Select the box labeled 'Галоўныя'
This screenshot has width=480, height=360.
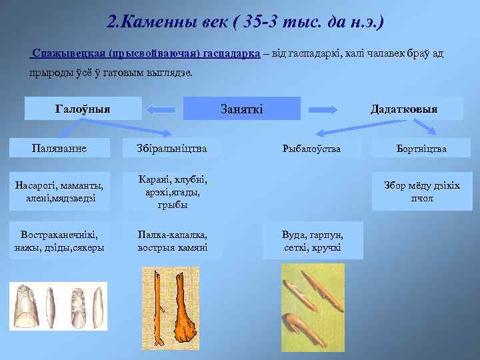(x=83, y=109)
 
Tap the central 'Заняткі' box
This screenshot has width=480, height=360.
(x=241, y=109)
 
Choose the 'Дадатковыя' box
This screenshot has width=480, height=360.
(x=405, y=109)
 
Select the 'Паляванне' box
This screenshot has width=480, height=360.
(x=57, y=148)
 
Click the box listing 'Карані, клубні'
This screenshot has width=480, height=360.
(x=172, y=192)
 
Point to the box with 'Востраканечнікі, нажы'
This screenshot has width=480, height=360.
(x=57, y=241)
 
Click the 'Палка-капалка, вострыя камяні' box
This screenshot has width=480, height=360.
(x=172, y=241)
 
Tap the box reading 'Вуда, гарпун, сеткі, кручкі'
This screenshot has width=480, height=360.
(x=311, y=241)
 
